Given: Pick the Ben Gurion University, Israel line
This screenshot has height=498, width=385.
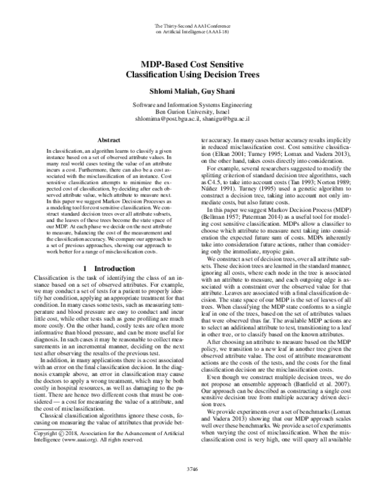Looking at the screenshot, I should click(x=193, y=111).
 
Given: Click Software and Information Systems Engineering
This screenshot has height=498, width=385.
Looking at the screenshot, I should click(x=193, y=104).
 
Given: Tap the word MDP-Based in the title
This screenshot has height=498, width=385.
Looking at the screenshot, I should click(x=167, y=64).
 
